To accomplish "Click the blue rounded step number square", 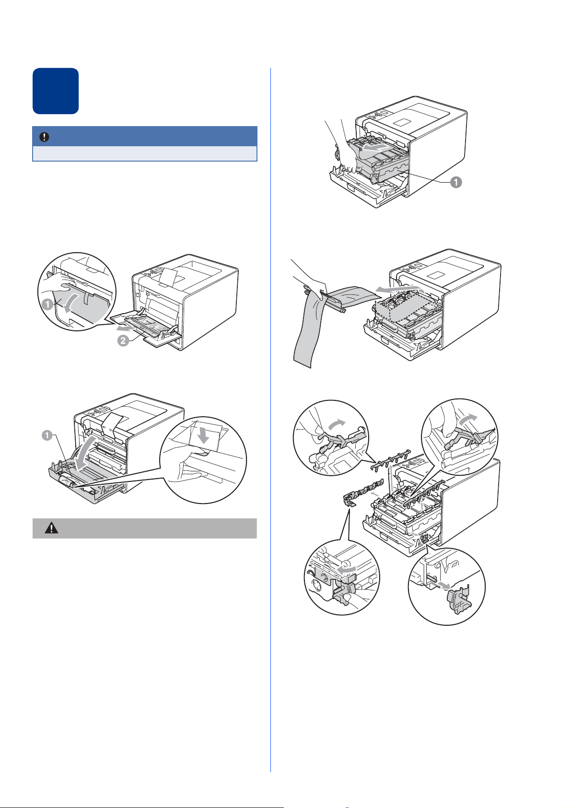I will pyautogui.click(x=56, y=91).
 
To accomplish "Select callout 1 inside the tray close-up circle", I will pyautogui.click(x=48, y=304).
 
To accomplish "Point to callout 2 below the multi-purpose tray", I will pyautogui.click(x=124, y=341).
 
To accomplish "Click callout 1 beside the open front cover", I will pyautogui.click(x=47, y=435).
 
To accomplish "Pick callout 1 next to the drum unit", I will pyautogui.click(x=456, y=182).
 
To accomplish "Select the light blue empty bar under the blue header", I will pyautogui.click(x=144, y=153).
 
